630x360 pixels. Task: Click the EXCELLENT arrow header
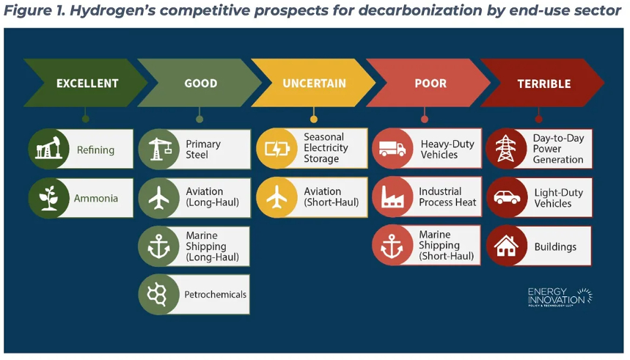click(x=86, y=83)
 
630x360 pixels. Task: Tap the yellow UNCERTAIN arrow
click(x=314, y=83)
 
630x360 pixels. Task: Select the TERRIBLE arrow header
click(x=543, y=83)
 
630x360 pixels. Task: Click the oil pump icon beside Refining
click(x=48, y=148)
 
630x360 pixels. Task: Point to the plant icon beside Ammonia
click(x=48, y=198)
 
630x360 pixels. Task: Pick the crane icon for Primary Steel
click(x=159, y=149)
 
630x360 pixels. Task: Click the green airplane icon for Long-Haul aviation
click(x=159, y=198)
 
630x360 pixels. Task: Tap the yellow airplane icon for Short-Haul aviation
click(x=276, y=198)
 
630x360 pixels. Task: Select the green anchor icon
click(x=158, y=246)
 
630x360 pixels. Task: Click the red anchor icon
click(x=392, y=246)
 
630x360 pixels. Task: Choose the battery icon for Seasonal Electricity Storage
click(x=277, y=149)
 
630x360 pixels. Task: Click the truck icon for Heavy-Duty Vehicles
click(x=392, y=149)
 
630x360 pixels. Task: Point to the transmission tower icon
click(x=506, y=148)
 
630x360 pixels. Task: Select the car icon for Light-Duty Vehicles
click(x=507, y=197)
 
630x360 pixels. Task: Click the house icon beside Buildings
click(x=506, y=246)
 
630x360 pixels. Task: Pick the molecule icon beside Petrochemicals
click(x=157, y=295)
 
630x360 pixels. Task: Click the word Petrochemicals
click(x=216, y=295)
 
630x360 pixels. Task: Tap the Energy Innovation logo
click(x=560, y=298)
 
